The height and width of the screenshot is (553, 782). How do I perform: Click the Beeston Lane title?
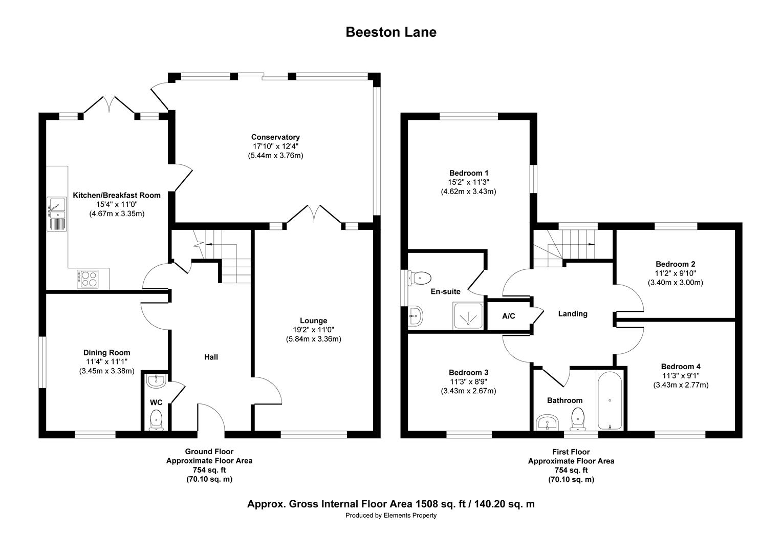[391, 32]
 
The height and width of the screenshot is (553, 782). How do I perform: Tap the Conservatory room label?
[275, 137]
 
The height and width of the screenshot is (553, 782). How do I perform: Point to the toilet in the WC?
[156, 420]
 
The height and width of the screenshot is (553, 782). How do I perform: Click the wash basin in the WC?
[155, 380]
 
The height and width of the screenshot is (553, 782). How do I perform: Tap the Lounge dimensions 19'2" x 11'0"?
[313, 330]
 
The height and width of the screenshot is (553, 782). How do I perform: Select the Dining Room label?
[106, 352]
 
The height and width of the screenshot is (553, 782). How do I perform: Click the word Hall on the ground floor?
[211, 357]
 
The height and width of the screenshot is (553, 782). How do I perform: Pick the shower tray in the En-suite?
[468, 315]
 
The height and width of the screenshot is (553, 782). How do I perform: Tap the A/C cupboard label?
[508, 316]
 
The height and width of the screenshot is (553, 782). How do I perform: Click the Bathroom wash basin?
[547, 423]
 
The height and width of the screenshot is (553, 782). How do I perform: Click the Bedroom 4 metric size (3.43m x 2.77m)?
[681, 385]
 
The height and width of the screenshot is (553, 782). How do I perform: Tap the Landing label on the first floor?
[573, 314]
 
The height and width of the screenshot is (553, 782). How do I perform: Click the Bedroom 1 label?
[468, 173]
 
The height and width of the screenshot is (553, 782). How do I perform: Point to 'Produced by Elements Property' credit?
[391, 516]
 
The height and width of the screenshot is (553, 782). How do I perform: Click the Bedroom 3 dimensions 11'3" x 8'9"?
[468, 382]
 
